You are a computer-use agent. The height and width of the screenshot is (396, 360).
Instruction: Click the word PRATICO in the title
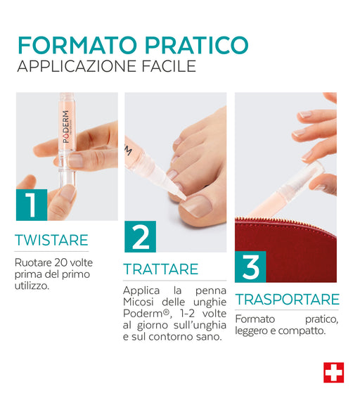coord(197,45)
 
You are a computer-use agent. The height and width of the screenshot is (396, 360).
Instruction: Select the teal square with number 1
coord(32,205)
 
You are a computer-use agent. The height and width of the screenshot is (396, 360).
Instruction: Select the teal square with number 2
coord(140,236)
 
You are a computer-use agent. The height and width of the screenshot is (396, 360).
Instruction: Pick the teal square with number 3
coord(250,267)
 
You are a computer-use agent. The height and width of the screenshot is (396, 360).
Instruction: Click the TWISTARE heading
coord(51,240)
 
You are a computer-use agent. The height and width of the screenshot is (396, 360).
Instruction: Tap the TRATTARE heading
coord(161,269)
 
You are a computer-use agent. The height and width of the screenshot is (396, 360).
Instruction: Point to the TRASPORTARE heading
coord(288,300)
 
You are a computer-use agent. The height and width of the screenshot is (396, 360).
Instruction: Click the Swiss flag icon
coord(333,373)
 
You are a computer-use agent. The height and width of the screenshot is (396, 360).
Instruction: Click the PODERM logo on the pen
coord(66,127)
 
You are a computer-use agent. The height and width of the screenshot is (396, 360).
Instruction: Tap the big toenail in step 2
coord(196,205)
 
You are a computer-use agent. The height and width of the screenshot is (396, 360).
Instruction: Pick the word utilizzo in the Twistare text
coord(32,286)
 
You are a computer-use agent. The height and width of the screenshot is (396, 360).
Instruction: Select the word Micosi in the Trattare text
coord(139,302)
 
